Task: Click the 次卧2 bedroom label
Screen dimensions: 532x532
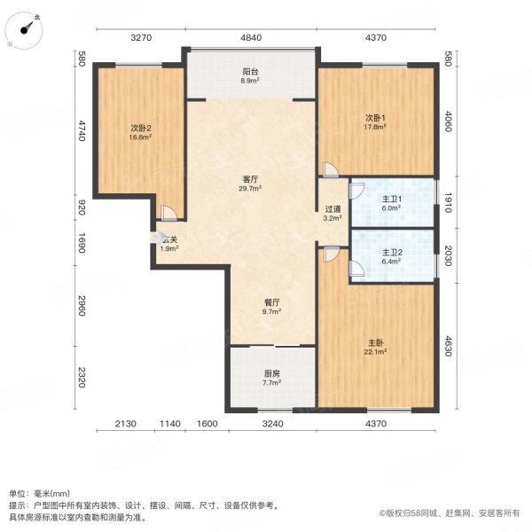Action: [x=140, y=127]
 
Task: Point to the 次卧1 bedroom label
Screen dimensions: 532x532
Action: [x=376, y=117]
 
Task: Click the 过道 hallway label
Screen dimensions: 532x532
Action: [x=332, y=210]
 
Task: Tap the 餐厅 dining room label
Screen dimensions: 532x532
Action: [x=271, y=303]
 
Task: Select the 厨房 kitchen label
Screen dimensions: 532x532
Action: [x=271, y=374]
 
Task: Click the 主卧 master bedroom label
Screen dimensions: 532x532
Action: [x=376, y=342]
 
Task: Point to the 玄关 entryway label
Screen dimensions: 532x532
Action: [x=169, y=239]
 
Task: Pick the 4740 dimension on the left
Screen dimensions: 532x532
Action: [x=81, y=131]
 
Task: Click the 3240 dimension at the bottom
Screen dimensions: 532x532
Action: [x=272, y=424]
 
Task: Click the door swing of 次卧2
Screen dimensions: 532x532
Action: [x=168, y=213]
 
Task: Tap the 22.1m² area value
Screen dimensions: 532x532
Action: [x=376, y=353]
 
